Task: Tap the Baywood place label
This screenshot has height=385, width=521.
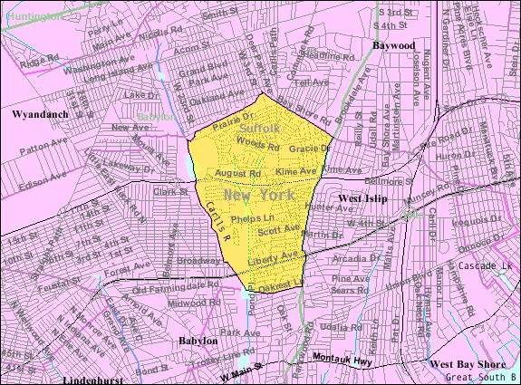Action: (x=393, y=43)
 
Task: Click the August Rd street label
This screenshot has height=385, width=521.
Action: (x=239, y=172)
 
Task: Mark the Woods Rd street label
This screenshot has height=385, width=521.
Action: (x=257, y=145)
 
